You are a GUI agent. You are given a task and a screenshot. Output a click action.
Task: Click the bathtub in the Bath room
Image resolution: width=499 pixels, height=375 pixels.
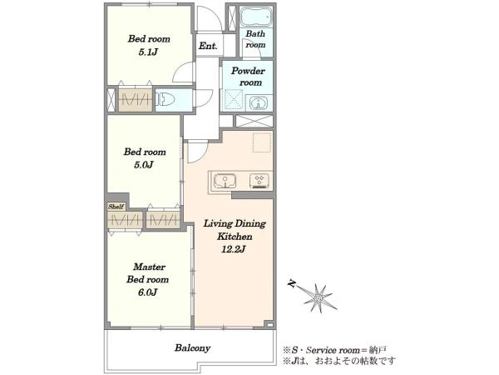tap(255, 17)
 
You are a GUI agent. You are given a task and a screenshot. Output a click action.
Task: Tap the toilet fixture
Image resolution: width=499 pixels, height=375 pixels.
tap(165, 99)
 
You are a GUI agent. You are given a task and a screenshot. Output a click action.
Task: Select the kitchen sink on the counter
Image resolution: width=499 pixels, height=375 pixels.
tap(225, 182)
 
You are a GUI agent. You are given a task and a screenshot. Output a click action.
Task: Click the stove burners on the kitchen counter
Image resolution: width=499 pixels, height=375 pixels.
tap(259, 181)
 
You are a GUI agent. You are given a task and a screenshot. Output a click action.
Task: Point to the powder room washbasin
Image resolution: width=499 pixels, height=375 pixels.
tap(259, 103)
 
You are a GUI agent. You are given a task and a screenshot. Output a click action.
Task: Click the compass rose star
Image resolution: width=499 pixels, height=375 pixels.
tap(319, 298)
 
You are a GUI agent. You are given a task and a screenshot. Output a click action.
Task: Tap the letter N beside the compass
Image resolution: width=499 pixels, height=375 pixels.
tap(292, 283)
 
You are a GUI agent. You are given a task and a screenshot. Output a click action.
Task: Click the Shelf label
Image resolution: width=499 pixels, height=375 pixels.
tap(116, 207)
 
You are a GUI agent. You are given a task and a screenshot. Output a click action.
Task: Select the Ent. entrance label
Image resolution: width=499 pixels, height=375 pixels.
tap(208, 46)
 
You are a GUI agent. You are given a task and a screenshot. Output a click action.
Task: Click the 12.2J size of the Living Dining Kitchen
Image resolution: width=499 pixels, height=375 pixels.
tap(233, 249)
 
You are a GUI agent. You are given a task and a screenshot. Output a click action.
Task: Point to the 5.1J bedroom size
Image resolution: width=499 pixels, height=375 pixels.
tap(148, 52)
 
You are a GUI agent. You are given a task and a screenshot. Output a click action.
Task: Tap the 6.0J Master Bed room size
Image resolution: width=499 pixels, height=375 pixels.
tap(147, 292)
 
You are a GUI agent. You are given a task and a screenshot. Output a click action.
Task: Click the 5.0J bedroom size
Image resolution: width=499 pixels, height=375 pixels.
tap(144, 165)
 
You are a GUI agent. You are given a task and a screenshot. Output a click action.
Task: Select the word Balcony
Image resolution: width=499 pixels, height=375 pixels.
tap(193, 347)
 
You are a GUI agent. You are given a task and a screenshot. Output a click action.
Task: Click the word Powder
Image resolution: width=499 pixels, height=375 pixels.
tap(248, 71)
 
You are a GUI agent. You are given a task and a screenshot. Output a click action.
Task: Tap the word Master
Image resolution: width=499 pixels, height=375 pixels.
tap(149, 267)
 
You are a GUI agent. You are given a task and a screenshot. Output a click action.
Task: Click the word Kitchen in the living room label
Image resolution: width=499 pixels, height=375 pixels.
tap(235, 237)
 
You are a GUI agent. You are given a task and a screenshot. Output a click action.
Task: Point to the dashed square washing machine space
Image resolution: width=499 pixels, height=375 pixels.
tap(262, 142)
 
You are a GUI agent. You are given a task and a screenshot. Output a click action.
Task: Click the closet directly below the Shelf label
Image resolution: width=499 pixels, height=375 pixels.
tap(125, 220)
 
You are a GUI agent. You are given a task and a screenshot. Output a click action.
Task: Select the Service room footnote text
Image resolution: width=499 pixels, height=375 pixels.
tap(335, 351)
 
